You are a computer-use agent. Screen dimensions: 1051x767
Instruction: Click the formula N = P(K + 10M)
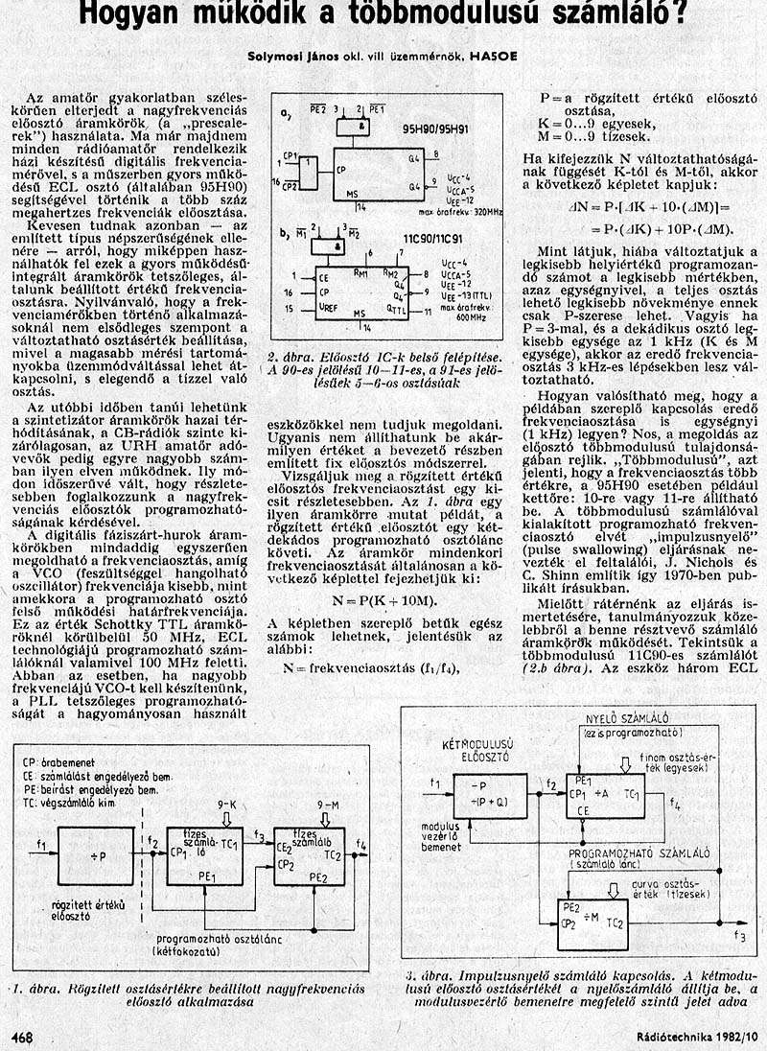[x=383, y=599]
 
